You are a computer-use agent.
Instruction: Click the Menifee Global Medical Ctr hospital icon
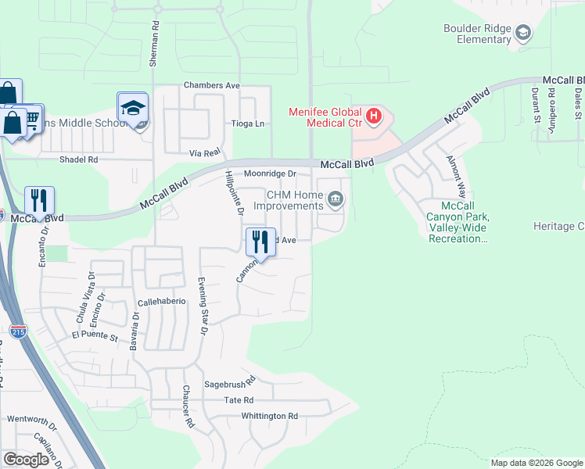[x=374, y=117]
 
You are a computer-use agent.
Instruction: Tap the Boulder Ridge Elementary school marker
[x=522, y=33]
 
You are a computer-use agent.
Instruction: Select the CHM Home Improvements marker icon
[x=336, y=200]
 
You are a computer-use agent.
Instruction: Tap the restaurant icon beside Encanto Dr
[x=39, y=200]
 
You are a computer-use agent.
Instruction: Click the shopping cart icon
[x=32, y=118]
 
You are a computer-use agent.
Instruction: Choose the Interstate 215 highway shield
[x=18, y=331]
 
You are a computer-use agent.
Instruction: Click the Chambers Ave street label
[x=211, y=85]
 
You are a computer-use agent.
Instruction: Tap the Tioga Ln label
[x=248, y=124]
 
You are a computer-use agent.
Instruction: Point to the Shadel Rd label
[x=79, y=159]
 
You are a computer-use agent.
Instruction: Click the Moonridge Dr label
[x=271, y=174]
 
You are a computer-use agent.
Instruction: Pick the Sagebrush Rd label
[x=230, y=385]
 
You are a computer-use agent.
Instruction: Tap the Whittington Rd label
[x=270, y=417]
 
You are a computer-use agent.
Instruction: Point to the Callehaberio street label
[x=162, y=301]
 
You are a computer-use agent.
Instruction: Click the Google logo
[x=26, y=460]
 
